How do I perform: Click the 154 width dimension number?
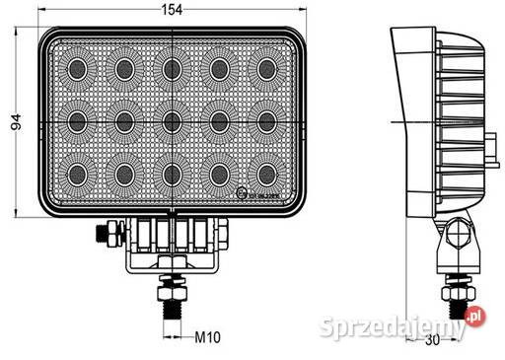click(x=172, y=9)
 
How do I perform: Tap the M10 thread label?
click(x=206, y=337)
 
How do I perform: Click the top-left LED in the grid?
click(x=77, y=68)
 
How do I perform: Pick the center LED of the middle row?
click(x=172, y=121)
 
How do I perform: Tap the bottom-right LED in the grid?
click(x=266, y=175)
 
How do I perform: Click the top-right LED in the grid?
click(x=266, y=68)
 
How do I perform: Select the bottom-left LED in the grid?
click(x=77, y=175)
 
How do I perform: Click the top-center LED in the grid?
click(x=172, y=68)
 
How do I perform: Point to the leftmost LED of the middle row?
click(x=77, y=121)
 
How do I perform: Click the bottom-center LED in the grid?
click(x=172, y=175)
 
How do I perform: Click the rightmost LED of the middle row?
click(x=266, y=121)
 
